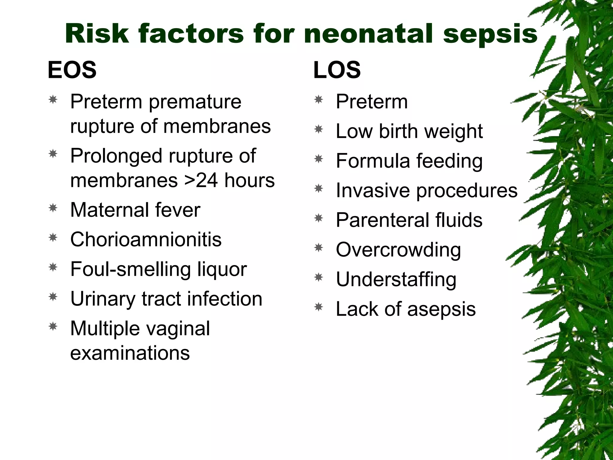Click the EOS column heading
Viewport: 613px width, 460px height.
click(72, 70)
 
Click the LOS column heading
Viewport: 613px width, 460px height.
click(337, 70)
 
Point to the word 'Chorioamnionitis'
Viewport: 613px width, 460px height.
click(146, 239)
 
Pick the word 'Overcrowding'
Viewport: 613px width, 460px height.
click(398, 250)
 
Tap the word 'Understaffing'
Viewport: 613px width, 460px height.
click(396, 279)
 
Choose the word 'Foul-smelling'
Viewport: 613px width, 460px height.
click(131, 269)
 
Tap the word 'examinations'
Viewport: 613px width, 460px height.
click(130, 353)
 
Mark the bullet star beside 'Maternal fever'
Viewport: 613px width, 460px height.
click(53, 208)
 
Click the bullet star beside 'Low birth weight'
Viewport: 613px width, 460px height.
click(319, 129)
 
